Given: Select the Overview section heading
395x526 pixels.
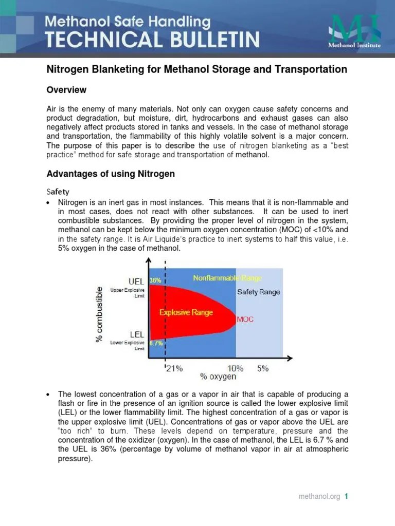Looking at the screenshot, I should coord(66,90).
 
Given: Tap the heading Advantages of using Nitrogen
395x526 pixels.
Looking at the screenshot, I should coord(111,174).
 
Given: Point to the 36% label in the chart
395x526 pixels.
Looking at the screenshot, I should coord(155,280).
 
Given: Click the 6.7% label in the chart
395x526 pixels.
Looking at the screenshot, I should coord(156,343).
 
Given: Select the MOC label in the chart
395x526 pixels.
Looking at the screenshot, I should coord(245,320).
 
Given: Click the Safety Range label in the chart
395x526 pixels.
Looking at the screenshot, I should coord(258,292).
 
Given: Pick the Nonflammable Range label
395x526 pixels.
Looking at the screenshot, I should coord(227,278).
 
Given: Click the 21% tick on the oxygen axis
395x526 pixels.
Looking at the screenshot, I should coord(174,368).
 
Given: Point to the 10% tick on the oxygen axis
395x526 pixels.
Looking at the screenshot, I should coord(236,368).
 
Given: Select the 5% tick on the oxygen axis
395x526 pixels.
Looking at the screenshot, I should coord(263,368).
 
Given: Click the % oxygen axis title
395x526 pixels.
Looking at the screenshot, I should coord(218,377).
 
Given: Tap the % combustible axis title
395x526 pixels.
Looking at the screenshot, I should coord(99,313).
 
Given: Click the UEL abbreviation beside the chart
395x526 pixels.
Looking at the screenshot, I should coord(136,281).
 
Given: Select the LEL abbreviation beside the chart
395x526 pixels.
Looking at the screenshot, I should coord(137,334).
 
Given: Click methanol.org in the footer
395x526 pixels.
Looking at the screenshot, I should coord(319,497).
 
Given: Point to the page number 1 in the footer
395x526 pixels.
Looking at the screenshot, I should coord(347,497).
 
